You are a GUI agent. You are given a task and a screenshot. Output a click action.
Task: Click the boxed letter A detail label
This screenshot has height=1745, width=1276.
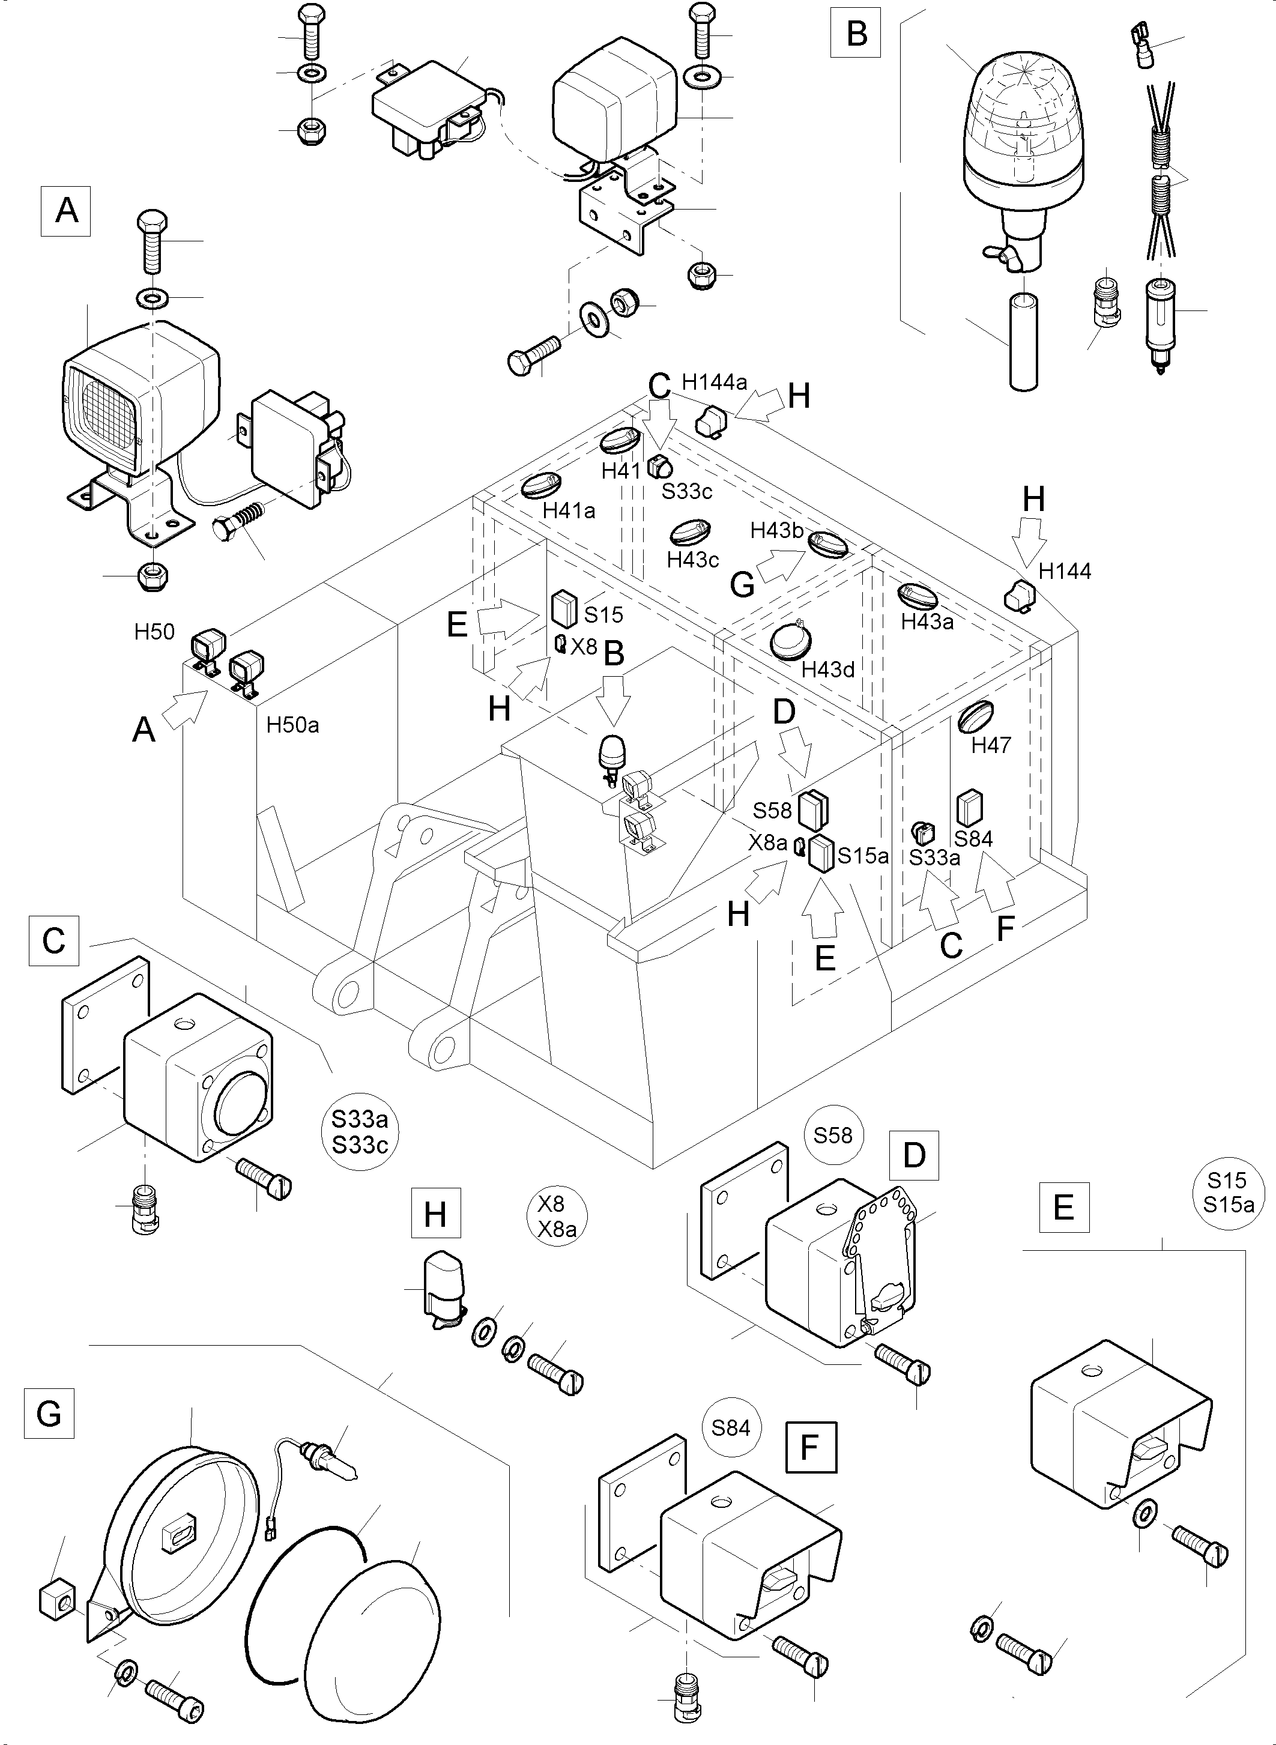65,211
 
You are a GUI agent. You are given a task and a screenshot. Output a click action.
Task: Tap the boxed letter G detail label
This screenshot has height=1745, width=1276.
49,1413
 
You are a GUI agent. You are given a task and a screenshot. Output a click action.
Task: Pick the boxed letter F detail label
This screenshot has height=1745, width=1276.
810,1446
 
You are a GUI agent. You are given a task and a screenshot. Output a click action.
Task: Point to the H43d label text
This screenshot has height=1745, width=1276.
827,670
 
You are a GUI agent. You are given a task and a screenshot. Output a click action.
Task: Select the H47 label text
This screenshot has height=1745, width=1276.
991,745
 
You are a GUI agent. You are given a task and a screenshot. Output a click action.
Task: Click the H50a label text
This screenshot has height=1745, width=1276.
293,725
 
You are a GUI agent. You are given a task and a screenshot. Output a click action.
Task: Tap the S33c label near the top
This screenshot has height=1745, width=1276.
687,491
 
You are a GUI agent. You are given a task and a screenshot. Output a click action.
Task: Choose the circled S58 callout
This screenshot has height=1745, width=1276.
833,1135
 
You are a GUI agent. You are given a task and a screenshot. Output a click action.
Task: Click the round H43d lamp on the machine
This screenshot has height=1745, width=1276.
790,642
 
